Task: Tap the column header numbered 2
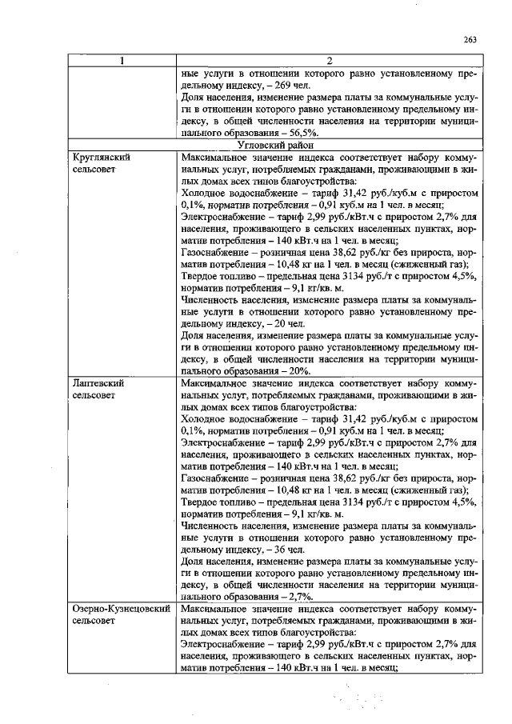[329, 61]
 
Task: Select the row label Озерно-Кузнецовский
[122, 610]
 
